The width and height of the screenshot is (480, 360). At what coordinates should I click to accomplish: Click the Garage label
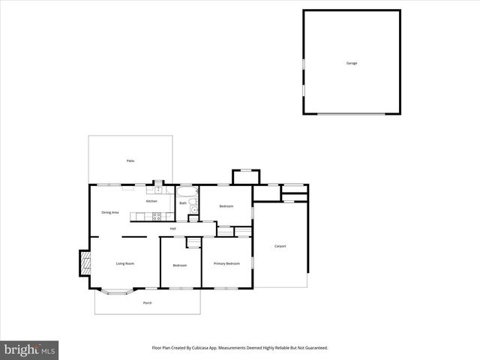(351, 63)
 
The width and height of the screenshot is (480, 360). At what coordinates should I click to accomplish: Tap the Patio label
(130, 161)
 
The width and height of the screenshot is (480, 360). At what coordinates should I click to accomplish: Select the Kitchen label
(151, 201)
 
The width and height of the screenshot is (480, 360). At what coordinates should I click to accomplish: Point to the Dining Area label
(110, 212)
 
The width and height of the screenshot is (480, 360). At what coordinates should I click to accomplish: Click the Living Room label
(124, 263)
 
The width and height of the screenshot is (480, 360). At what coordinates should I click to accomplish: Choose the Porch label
(147, 302)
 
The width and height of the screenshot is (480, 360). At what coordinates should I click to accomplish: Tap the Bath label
(182, 203)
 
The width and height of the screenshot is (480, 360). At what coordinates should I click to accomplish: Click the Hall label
(172, 228)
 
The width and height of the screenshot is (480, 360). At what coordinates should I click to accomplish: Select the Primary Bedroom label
(226, 263)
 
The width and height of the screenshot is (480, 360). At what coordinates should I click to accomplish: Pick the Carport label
(280, 246)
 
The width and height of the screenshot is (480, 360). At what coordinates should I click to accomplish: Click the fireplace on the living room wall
(85, 262)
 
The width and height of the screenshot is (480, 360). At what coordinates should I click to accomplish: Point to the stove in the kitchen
(157, 217)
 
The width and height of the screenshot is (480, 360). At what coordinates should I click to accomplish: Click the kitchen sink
(158, 190)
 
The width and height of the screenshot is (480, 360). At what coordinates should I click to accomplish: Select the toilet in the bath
(193, 209)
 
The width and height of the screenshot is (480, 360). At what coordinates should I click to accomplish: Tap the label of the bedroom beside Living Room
(179, 265)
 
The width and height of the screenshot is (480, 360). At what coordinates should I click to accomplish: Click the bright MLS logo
(29, 349)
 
